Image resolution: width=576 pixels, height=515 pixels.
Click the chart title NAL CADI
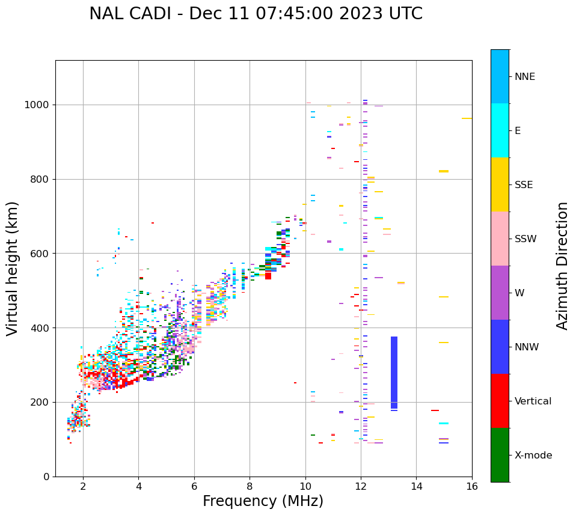pyautogui.click(x=256, y=14)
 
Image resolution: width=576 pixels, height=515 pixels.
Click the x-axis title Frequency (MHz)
pyautogui.click(x=263, y=501)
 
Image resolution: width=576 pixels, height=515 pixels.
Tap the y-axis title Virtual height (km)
pyautogui.click(x=13, y=268)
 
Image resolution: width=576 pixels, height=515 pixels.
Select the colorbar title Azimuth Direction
pyautogui.click(x=562, y=266)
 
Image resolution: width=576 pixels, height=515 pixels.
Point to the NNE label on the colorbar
pyautogui.click(x=524, y=77)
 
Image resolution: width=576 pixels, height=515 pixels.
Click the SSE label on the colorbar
pyautogui.click(x=523, y=185)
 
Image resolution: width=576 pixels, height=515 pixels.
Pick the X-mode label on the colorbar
pyautogui.click(x=533, y=456)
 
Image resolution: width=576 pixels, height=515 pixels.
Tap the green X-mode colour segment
pyautogui.click(x=500, y=455)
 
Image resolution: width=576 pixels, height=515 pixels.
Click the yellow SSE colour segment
pyautogui.click(x=500, y=184)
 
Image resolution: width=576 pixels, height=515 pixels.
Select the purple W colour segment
pyautogui.click(x=500, y=293)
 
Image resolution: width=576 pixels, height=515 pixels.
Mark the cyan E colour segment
pyautogui.click(x=500, y=130)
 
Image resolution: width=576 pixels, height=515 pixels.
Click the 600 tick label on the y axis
pyautogui.click(x=41, y=254)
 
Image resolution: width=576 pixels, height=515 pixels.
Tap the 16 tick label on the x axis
pyautogui.click(x=472, y=486)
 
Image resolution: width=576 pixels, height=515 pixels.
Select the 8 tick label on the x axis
pyautogui.click(x=250, y=486)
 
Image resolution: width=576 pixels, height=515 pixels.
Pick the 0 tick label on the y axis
pyautogui.click(x=47, y=477)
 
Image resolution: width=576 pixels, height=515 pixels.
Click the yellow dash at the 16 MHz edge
pyautogui.click(x=467, y=118)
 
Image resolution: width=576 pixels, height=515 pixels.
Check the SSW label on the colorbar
pyautogui.click(x=525, y=239)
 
